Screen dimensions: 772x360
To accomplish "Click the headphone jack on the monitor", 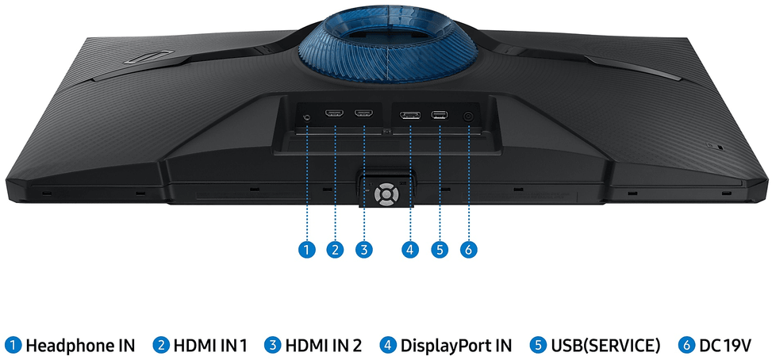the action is tap(307, 117).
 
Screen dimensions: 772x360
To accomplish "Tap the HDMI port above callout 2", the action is tap(335, 113).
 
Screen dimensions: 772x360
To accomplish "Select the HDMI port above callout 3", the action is tap(364, 113).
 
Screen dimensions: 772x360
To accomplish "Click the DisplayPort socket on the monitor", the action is tap(409, 116).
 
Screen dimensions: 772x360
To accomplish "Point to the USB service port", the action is tap(440, 115).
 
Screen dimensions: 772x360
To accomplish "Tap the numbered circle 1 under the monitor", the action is tap(307, 249).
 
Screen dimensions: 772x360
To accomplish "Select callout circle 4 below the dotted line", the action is tap(409, 249).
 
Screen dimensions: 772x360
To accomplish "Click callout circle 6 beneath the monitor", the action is tap(468, 249).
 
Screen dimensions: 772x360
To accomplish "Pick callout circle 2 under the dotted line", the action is tap(335, 249).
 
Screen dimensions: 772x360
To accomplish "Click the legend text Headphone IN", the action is tap(80, 346).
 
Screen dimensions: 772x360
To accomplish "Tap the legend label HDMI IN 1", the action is tap(210, 346).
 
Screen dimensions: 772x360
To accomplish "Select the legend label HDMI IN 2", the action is tap(323, 346).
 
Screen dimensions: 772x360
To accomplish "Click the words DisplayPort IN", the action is tap(456, 346).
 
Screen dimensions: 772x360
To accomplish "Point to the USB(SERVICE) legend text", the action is tap(605, 346).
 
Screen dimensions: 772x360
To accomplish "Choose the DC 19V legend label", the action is tap(725, 346).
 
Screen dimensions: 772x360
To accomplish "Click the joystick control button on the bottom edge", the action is tap(385, 193).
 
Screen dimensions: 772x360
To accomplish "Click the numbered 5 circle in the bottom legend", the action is tap(538, 346).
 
